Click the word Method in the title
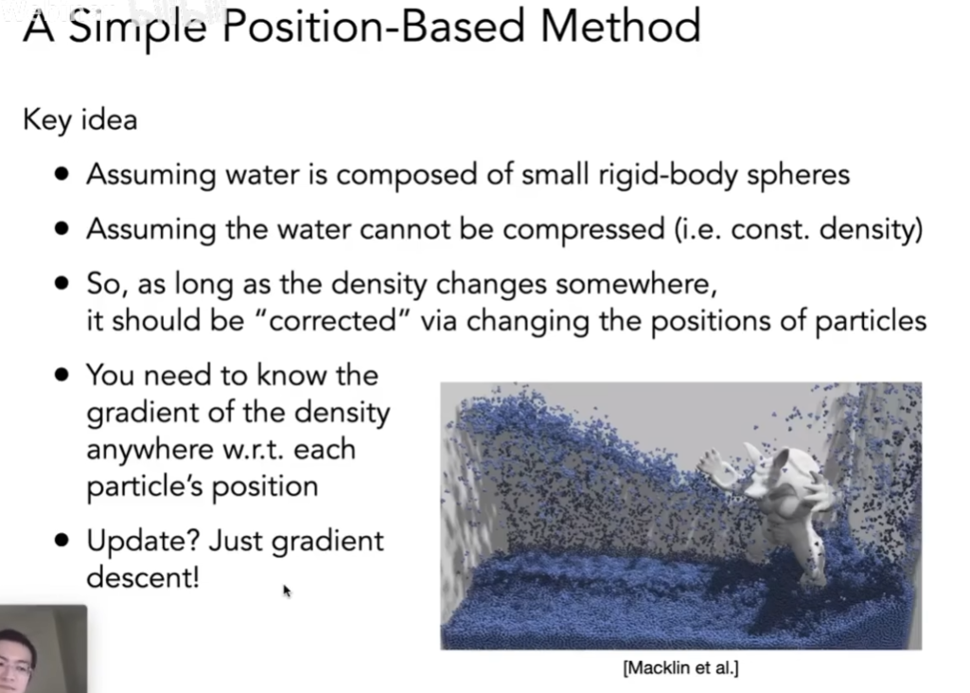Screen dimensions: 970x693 [x=621, y=26]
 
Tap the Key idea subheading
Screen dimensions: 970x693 [x=79, y=119]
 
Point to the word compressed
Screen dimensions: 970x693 [x=583, y=230]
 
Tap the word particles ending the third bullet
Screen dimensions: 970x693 [x=871, y=321]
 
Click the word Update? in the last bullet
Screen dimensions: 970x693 [x=143, y=542]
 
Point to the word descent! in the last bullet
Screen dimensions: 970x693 [x=143, y=577]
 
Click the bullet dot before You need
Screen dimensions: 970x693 [x=62, y=375]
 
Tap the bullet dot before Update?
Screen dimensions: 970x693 [x=62, y=541]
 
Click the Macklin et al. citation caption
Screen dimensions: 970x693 [x=681, y=668]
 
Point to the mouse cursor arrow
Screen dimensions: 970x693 [x=287, y=591]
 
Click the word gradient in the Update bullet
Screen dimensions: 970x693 [x=327, y=542]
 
